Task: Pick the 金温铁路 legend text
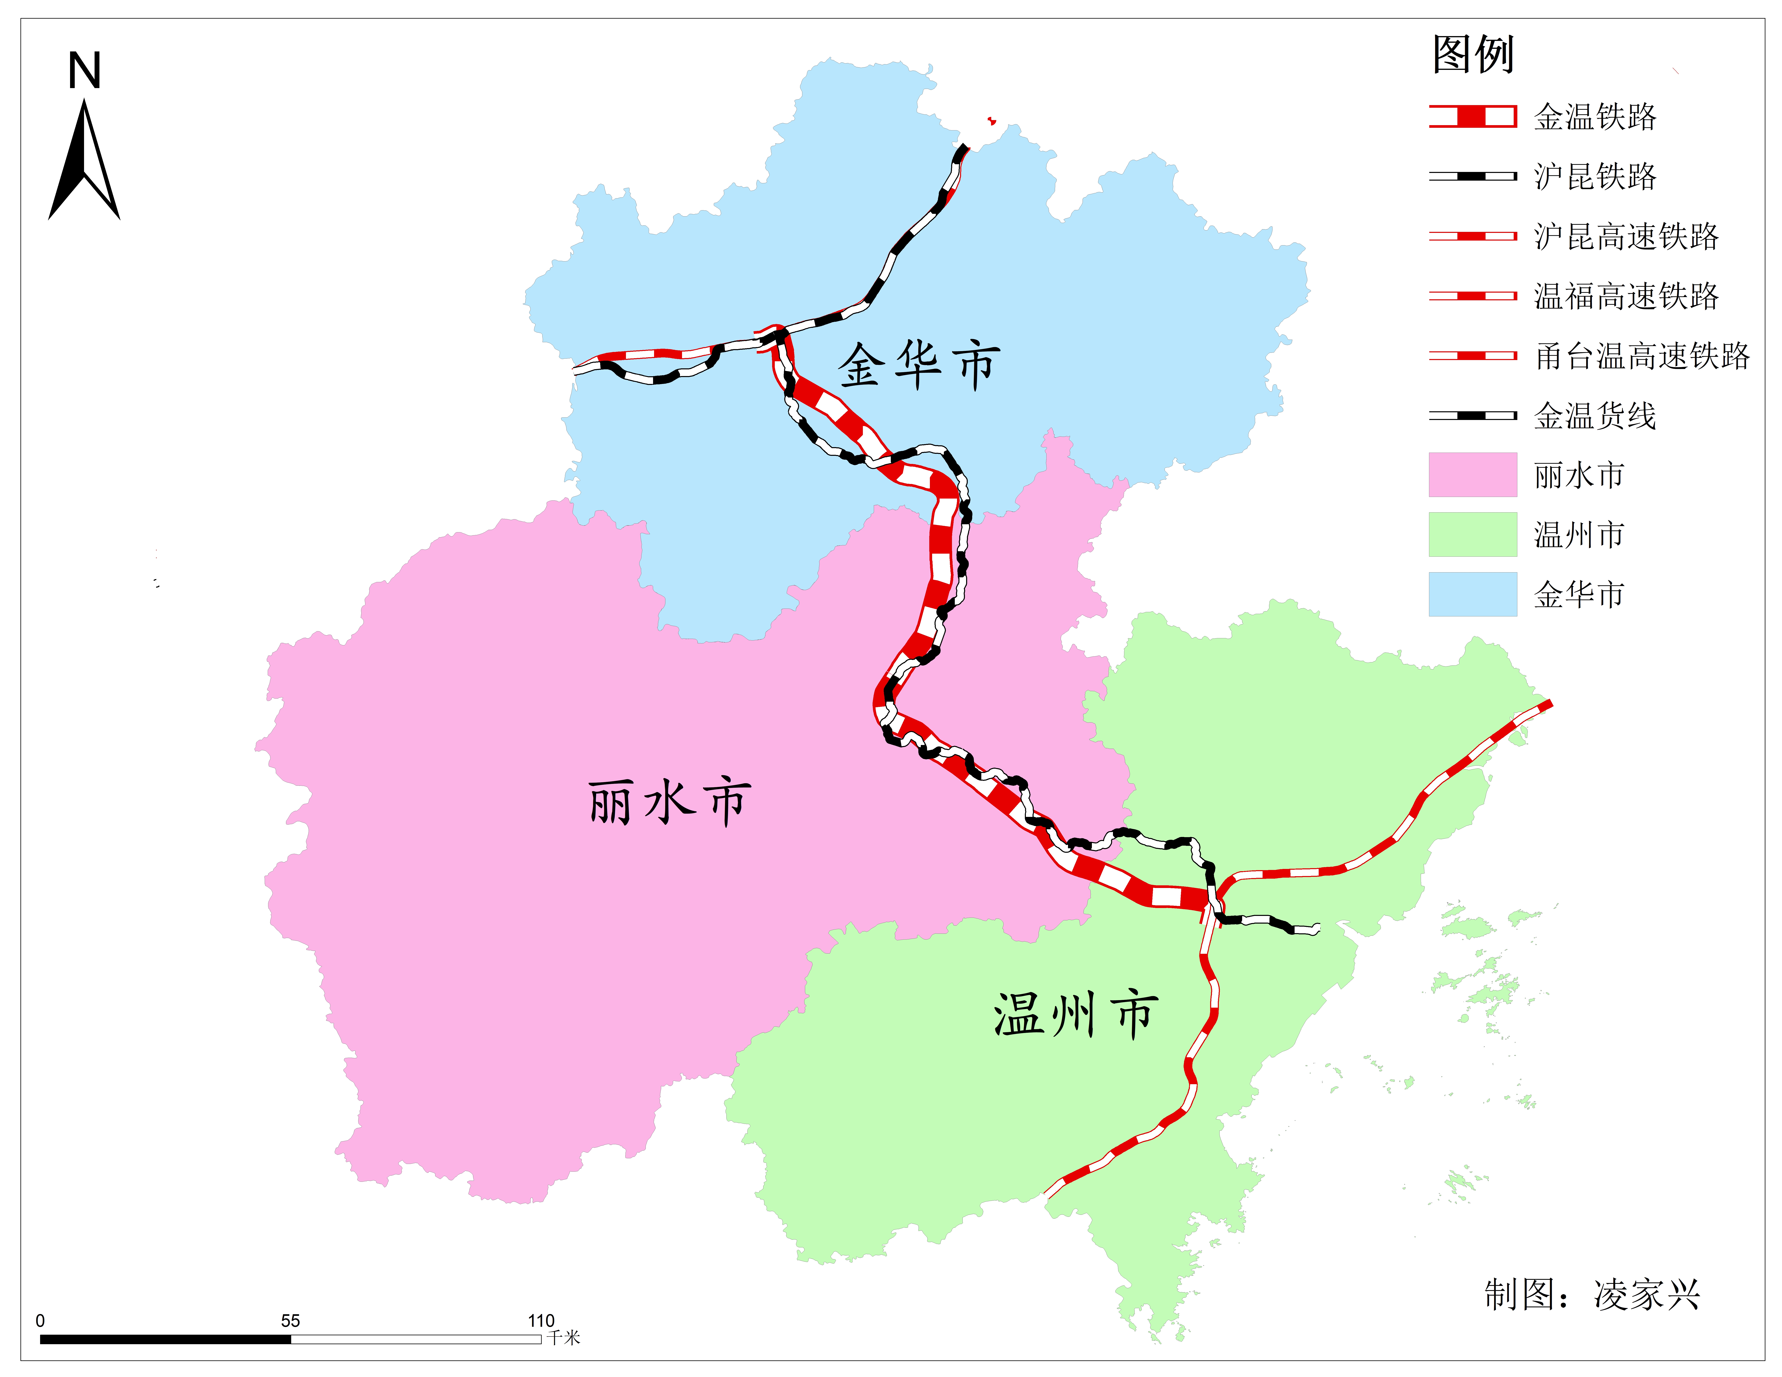[1595, 117]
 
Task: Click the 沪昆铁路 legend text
[1595, 176]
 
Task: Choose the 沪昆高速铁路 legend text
[1626, 237]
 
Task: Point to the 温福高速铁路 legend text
[1626, 296]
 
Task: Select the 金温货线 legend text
[1595, 416]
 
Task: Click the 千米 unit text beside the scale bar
[563, 1338]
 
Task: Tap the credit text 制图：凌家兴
[1591, 1295]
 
